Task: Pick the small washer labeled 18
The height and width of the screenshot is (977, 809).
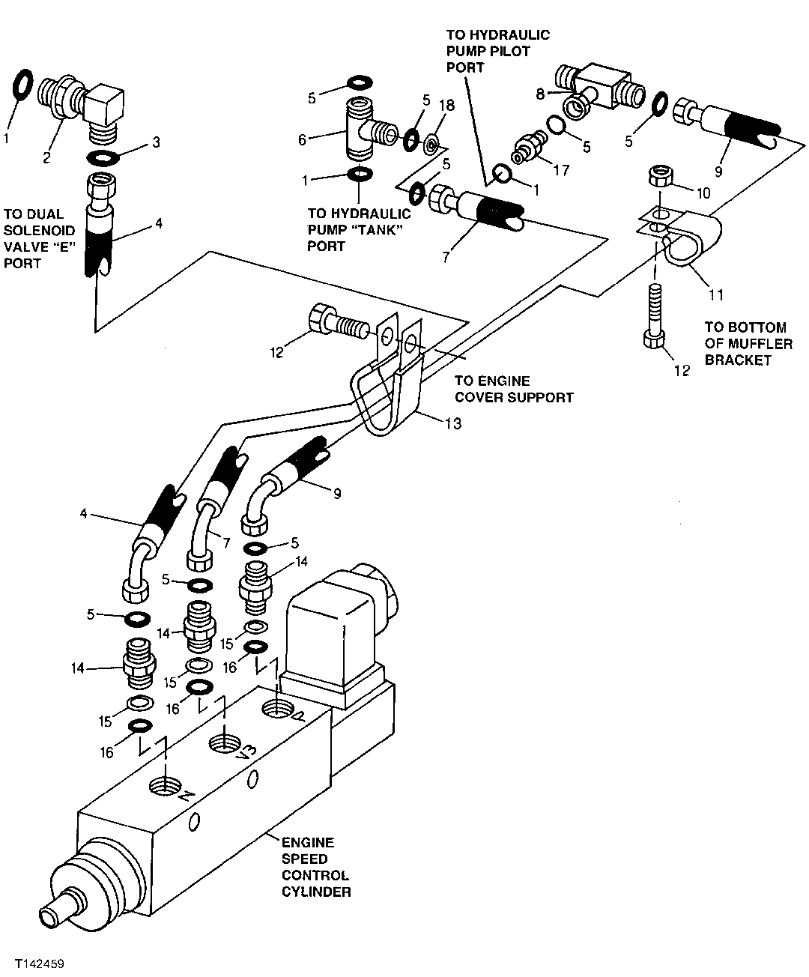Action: pyautogui.click(x=433, y=142)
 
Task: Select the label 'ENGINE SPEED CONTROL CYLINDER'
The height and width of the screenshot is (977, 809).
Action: pyautogui.click(x=315, y=867)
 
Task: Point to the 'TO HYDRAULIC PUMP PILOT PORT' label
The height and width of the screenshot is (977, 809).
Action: pyautogui.click(x=497, y=51)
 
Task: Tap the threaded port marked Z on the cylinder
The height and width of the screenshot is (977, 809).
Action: pyautogui.click(x=166, y=786)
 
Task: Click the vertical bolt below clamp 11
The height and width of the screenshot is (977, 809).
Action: pyautogui.click(x=655, y=315)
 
